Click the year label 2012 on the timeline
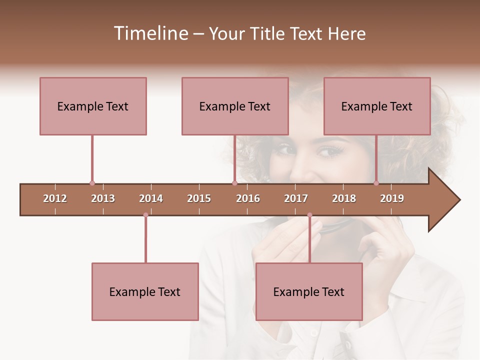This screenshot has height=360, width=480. pyautogui.click(x=55, y=198)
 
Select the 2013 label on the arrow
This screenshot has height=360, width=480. pyautogui.click(x=103, y=198)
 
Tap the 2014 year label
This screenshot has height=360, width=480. pyautogui.click(x=151, y=198)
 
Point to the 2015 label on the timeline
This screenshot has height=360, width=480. pyautogui.click(x=199, y=198)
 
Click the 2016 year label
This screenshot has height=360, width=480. pyautogui.click(x=248, y=198)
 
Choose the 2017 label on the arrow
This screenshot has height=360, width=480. pyautogui.click(x=296, y=198)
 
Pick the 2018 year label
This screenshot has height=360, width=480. pyautogui.click(x=344, y=198)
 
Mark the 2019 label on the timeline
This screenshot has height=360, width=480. pyautogui.click(x=392, y=198)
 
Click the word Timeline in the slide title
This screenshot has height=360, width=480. pyautogui.click(x=149, y=33)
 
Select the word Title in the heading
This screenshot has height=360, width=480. pyautogui.click(x=268, y=33)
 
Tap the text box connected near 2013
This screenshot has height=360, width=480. pyautogui.click(x=93, y=106)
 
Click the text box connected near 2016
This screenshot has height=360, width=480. pyautogui.click(x=235, y=106)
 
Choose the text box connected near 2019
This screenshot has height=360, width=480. pyautogui.click(x=377, y=106)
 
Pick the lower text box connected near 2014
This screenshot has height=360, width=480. pyautogui.click(x=145, y=291)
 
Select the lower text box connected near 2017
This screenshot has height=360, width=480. pyautogui.click(x=309, y=291)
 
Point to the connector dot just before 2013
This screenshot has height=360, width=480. pyautogui.click(x=92, y=183)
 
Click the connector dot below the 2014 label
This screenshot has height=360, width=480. pyautogui.click(x=145, y=215)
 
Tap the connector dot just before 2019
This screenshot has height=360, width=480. pyautogui.click(x=376, y=183)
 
